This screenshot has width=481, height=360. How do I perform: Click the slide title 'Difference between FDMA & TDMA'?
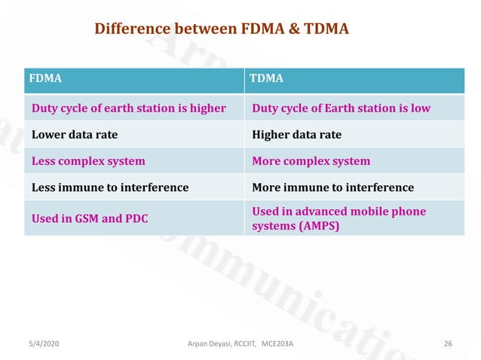[221, 29]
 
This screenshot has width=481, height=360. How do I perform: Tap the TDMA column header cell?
[354, 78]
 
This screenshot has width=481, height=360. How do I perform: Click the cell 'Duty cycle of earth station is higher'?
[129, 108]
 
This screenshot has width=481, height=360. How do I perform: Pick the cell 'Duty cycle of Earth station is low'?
[342, 108]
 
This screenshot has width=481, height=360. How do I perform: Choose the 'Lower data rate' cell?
[75, 135]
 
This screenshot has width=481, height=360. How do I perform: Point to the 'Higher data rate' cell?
[296, 135]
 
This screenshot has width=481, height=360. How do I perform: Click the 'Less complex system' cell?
[88, 161]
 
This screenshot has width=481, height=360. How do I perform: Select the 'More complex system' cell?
[311, 161]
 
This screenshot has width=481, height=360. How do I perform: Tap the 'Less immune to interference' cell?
[110, 187]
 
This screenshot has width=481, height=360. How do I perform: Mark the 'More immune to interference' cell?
[333, 187]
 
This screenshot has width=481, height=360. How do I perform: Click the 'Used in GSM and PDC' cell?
[90, 218]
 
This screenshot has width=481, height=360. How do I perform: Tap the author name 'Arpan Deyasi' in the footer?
[208, 343]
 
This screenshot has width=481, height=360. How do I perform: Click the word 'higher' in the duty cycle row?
[208, 108]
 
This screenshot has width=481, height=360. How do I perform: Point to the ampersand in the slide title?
[290, 29]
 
